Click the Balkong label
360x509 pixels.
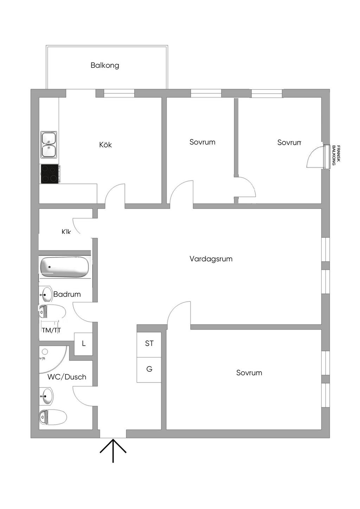(x=105, y=65)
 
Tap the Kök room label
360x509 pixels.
(x=105, y=145)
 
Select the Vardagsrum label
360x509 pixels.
(x=211, y=259)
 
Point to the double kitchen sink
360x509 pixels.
(x=49, y=144)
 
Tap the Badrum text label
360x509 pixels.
(x=67, y=294)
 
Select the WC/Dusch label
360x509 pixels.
(x=67, y=377)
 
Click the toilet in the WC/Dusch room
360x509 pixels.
(x=53, y=417)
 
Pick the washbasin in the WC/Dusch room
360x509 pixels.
(x=46, y=396)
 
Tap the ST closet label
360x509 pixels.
(x=149, y=343)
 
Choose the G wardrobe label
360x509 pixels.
(x=149, y=369)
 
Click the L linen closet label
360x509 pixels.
(x=84, y=344)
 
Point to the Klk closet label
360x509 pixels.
(x=66, y=231)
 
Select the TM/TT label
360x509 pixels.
(x=51, y=331)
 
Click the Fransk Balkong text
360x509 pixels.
(x=336, y=155)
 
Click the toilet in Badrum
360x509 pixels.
(x=52, y=311)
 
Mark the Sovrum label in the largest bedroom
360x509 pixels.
(x=249, y=373)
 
